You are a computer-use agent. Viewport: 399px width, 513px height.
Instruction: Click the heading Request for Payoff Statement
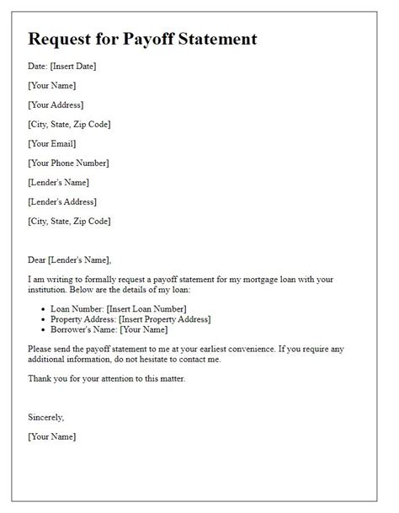(x=142, y=39)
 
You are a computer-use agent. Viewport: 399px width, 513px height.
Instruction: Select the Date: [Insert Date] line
(x=61, y=67)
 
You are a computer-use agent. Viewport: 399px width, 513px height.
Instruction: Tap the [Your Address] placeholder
(x=56, y=105)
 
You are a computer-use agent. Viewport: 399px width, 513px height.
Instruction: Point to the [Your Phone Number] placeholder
(x=68, y=163)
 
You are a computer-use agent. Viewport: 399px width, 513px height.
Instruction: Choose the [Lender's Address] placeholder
(x=62, y=202)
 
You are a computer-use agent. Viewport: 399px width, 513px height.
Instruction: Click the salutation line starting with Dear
(x=69, y=260)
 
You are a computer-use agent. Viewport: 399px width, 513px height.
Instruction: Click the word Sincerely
(x=45, y=417)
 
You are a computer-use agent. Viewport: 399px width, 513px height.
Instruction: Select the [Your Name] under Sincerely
(x=51, y=436)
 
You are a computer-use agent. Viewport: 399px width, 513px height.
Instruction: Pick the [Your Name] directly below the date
(x=51, y=86)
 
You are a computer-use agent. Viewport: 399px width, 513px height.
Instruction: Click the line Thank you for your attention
(x=106, y=378)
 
